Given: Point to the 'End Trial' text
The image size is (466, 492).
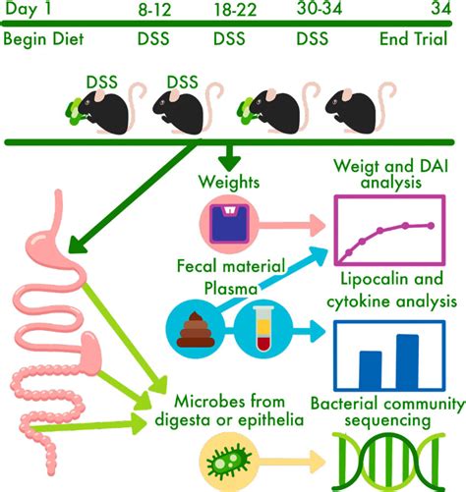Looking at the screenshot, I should click(419, 40).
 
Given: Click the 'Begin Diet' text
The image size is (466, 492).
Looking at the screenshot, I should click(44, 40).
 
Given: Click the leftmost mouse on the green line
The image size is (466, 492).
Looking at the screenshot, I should click(103, 110).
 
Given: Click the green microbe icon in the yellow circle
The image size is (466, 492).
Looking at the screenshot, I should click(229, 459).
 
